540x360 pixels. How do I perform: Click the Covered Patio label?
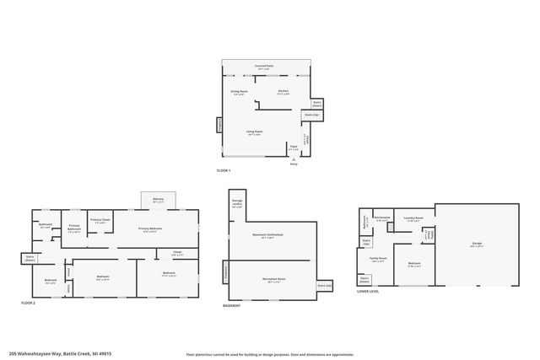click(267, 66)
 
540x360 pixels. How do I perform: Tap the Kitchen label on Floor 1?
click(283, 92)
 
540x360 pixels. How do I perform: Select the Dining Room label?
click(239, 92)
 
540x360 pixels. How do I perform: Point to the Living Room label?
click(254, 132)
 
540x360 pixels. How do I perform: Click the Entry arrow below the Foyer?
click(294, 161)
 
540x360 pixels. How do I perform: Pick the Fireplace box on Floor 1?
click(220, 125)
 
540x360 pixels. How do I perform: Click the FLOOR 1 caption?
click(224, 171)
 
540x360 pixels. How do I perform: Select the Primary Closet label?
click(100, 222)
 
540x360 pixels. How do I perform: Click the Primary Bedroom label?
click(151, 230)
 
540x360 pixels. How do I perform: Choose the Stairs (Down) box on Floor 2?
click(30, 260)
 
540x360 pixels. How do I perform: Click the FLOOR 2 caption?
click(28, 303)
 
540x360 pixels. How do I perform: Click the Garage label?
click(476, 244)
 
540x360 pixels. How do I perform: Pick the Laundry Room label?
click(413, 218)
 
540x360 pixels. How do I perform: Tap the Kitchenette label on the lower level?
click(381, 218)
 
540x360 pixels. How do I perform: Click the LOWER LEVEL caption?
click(368, 292)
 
